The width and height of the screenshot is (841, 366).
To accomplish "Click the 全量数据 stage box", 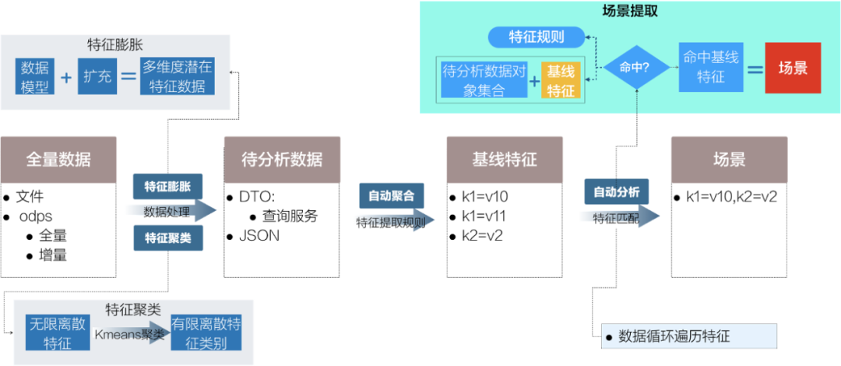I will point(58,160).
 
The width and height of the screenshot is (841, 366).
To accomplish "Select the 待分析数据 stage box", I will point(282,160).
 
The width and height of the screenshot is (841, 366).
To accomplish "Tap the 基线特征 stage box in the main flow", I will point(504,160).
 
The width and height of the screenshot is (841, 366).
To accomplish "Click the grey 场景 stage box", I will point(729,160).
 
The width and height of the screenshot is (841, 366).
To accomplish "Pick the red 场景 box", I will point(793,68).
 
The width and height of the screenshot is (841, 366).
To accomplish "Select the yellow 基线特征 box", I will point(561,80).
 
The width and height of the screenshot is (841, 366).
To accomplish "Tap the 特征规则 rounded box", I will point(537,37).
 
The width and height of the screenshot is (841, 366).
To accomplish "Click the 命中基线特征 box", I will point(709,67).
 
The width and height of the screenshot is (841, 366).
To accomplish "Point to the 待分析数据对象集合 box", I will point(484,80).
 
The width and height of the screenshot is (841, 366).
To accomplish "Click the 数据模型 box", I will point(35,76).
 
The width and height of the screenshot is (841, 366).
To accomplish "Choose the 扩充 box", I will point(97,76).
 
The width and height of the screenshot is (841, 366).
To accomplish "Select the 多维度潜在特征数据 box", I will point(178,76).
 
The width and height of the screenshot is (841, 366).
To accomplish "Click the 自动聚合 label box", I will point(392,195).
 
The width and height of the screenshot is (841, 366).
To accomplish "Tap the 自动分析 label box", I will point(617,192).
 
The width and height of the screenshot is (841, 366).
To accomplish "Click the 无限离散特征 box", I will point(57,333).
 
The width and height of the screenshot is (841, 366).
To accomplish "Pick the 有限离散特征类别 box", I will point(206,333).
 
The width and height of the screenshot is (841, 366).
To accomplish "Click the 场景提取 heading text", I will point(630,10).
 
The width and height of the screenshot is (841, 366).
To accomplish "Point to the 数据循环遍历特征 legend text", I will point(674,336).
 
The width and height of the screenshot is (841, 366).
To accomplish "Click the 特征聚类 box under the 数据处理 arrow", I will point(168,238).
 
